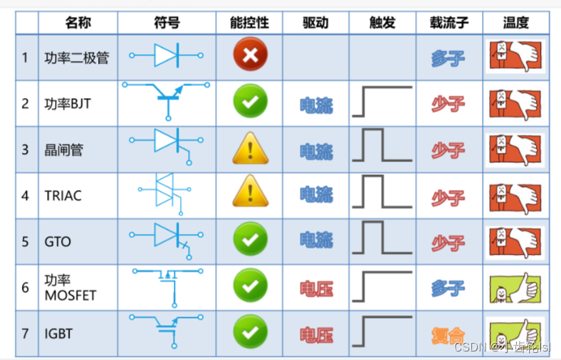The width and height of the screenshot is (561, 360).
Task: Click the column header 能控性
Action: (x=250, y=23)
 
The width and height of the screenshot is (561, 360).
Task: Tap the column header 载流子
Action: (x=449, y=23)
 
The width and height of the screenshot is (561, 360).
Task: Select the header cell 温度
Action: (x=515, y=23)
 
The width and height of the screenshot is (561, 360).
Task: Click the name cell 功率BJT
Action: (x=67, y=103)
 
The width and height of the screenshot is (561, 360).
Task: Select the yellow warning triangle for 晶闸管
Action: (x=250, y=149)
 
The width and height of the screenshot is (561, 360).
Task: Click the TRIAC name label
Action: (x=63, y=195)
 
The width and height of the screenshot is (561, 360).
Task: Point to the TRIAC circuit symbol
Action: (x=165, y=193)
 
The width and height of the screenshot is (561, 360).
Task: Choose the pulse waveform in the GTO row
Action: (x=381, y=240)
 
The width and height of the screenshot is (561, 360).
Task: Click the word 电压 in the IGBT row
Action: (x=316, y=334)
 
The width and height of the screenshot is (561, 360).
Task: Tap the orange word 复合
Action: (x=448, y=334)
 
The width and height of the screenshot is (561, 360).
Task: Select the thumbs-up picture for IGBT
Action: (x=515, y=332)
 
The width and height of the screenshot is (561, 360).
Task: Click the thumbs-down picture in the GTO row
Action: (x=515, y=240)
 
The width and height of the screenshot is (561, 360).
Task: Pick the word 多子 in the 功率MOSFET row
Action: (x=448, y=287)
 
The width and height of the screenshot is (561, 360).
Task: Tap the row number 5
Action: (x=26, y=241)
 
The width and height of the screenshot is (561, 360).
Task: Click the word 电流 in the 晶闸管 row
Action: (x=316, y=151)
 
